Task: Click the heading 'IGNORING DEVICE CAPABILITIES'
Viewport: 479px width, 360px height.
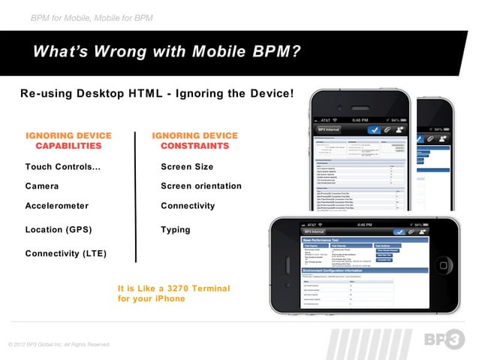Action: coord(68,141)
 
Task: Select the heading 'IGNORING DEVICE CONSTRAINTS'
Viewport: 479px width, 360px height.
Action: coord(194,141)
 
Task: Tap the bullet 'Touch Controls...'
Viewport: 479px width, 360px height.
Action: coord(63,167)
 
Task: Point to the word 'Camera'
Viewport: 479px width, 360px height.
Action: coord(42,186)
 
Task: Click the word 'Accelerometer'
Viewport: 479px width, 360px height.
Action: coord(57,205)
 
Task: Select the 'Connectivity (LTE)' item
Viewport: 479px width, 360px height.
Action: coord(66,253)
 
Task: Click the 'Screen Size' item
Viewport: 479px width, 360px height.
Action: coord(187,167)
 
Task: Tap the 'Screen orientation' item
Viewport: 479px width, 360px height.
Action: coord(201,186)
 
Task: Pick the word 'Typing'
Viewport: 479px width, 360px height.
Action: coord(176,229)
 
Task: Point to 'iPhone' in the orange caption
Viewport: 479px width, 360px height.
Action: coord(168,299)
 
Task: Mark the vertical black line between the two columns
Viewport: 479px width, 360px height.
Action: coord(136,197)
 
